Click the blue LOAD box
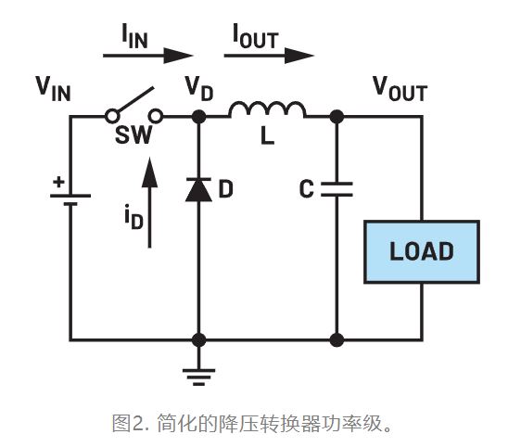[x=421, y=251]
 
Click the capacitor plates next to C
[x=337, y=189]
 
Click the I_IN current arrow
[x=139, y=56]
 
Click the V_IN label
[x=54, y=87]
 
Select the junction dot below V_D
[x=197, y=117]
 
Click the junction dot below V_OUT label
[x=337, y=117]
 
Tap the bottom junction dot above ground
[x=197, y=339]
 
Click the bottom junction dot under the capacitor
[x=337, y=339]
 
